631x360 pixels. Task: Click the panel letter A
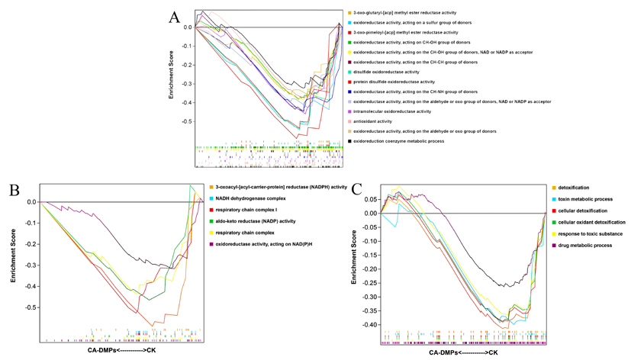[175, 18]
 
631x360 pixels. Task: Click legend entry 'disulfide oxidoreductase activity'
[385, 72]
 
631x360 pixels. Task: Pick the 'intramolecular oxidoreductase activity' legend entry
[391, 111]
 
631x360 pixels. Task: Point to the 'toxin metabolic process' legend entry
[580, 199]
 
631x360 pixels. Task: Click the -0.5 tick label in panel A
[186, 121]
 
